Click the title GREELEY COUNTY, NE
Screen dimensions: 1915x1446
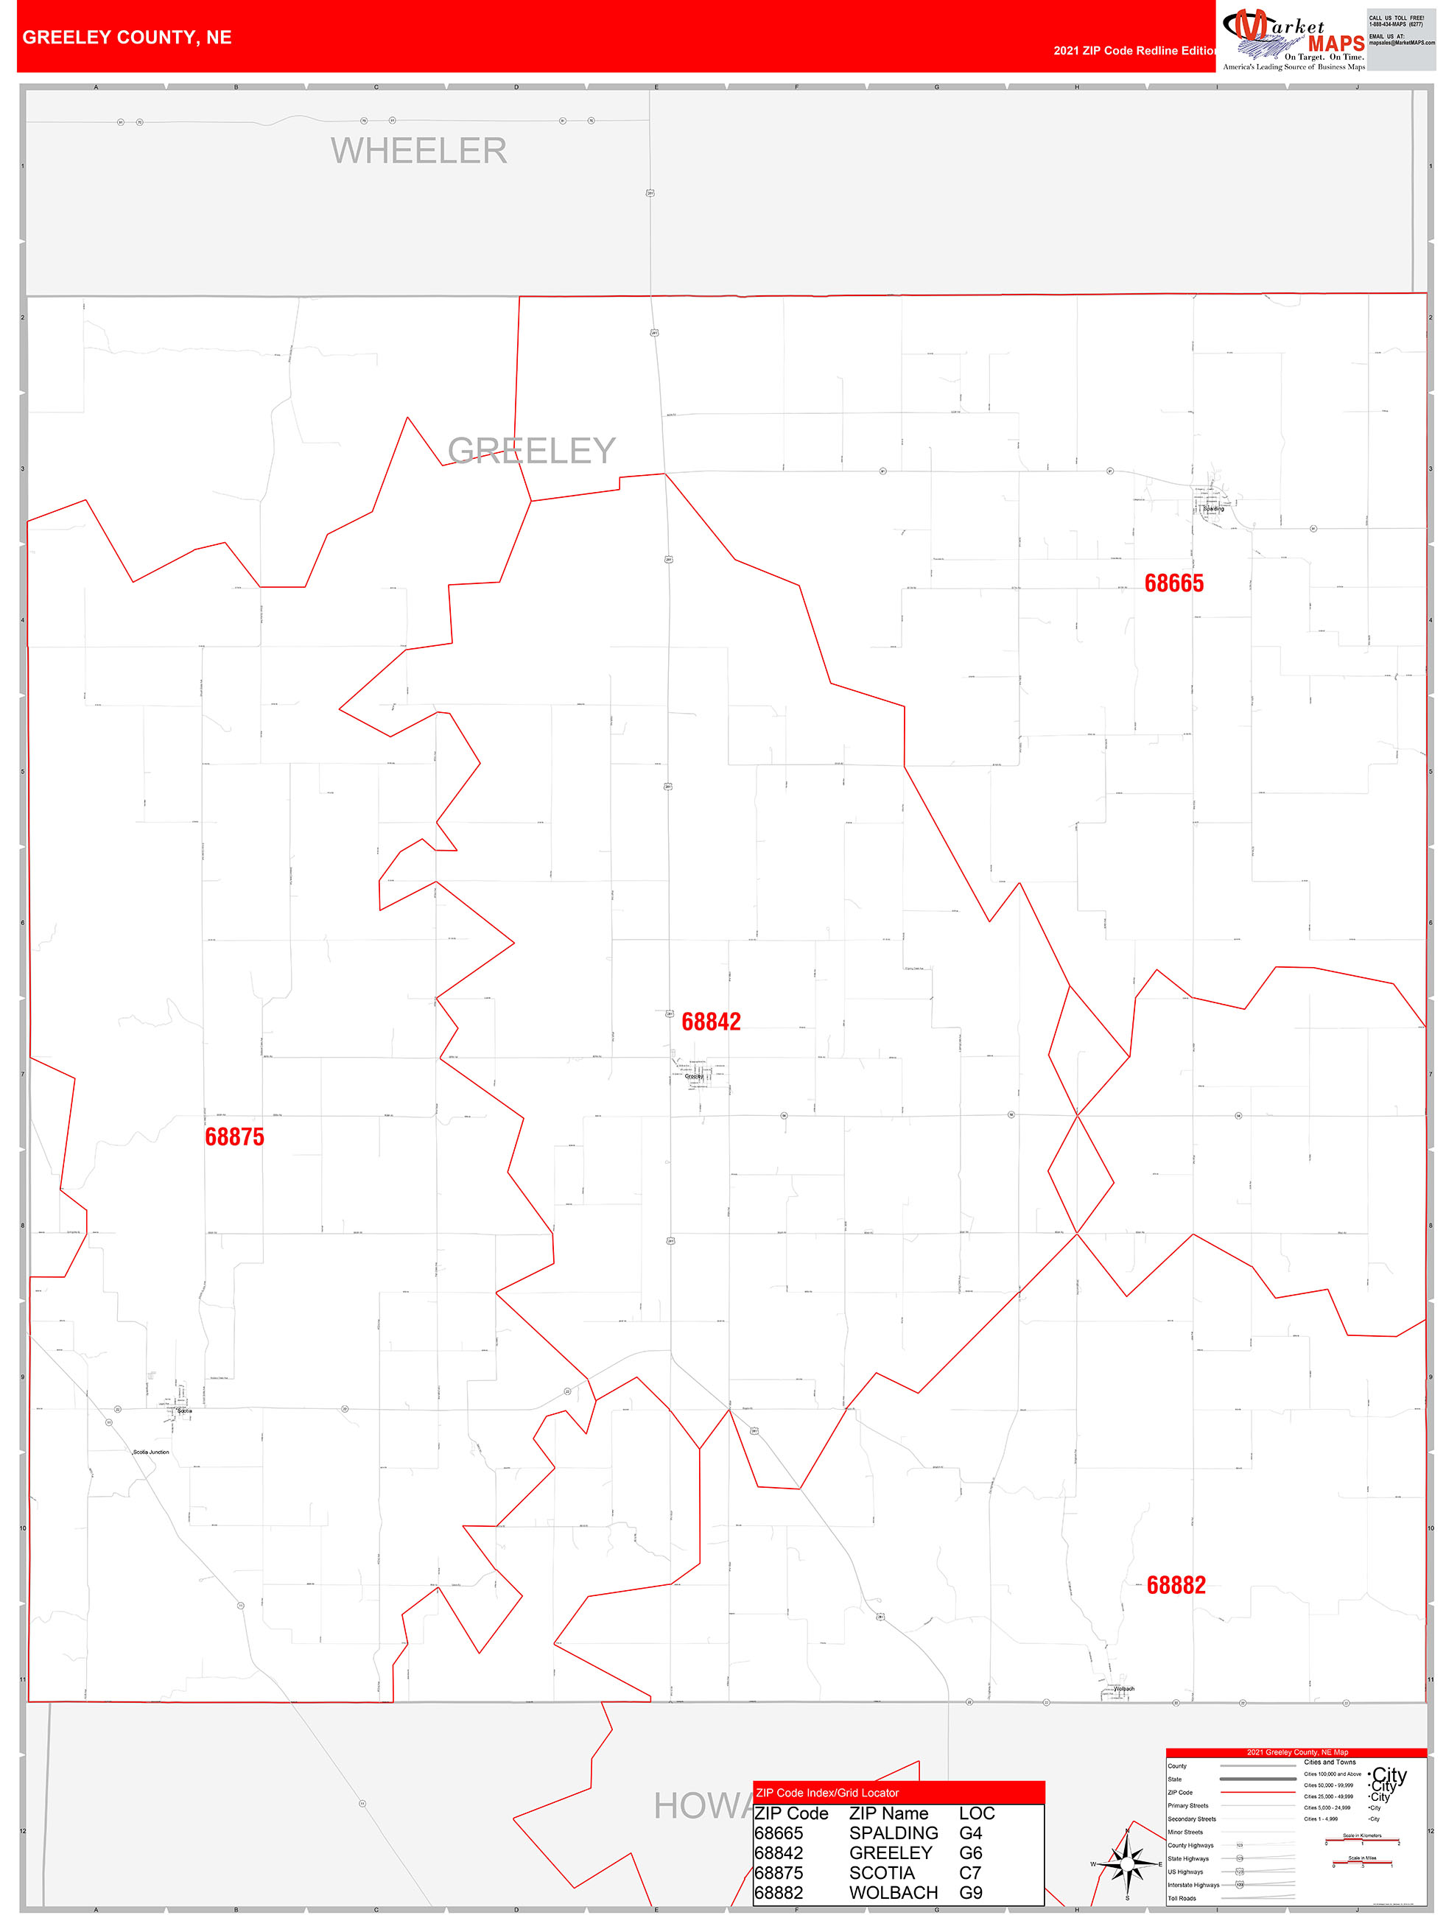tap(127, 38)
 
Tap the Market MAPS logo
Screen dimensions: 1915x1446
tap(1293, 40)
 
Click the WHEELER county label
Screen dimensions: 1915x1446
tap(418, 151)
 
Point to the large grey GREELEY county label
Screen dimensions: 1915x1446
tap(531, 450)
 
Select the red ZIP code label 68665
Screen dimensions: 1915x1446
tap(1173, 583)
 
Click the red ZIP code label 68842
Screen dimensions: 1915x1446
tap(711, 1022)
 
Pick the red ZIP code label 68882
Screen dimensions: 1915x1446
tap(1176, 1585)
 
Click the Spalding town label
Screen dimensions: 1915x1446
tap(1213, 508)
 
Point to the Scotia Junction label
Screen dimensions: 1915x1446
tap(152, 1452)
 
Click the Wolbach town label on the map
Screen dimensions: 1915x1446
tap(1124, 1689)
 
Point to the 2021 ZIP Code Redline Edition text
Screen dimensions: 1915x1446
tap(1134, 50)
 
